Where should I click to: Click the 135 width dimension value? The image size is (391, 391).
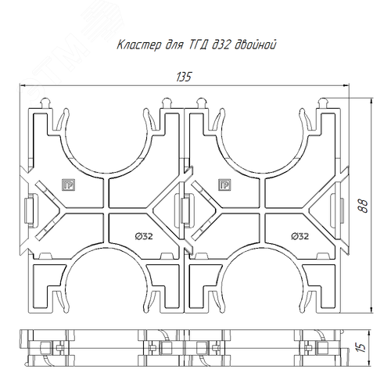click(x=184, y=77)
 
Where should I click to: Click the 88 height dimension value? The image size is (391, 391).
click(x=364, y=206)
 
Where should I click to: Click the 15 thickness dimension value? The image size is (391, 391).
click(x=362, y=347)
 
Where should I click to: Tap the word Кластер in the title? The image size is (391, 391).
click(x=139, y=45)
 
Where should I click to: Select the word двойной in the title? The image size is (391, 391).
click(x=256, y=45)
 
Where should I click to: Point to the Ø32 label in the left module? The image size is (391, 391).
click(x=144, y=236)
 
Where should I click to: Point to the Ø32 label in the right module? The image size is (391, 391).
click(x=300, y=236)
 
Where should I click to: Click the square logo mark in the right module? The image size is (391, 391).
click(x=224, y=185)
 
